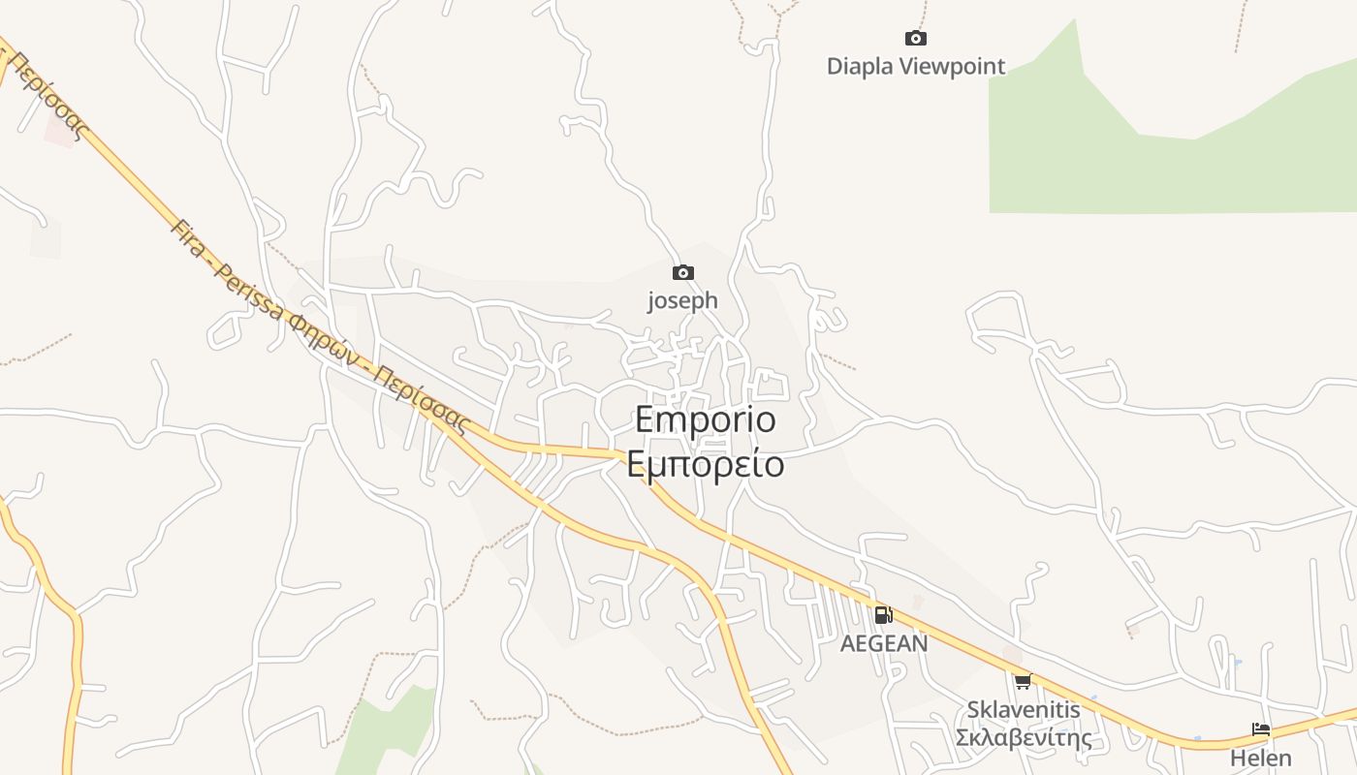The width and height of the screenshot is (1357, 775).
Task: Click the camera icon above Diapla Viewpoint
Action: coord(915,39)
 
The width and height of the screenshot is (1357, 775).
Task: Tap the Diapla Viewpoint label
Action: coord(915,67)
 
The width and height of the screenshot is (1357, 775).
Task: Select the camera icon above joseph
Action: coord(683,273)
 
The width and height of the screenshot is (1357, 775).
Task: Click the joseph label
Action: coord(683,300)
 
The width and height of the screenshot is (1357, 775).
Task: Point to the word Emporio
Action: coord(706,419)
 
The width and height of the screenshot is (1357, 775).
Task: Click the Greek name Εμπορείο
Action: coord(706,464)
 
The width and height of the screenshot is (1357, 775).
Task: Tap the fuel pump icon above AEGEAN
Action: coord(883,614)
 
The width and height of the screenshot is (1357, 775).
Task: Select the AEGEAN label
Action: coord(883,643)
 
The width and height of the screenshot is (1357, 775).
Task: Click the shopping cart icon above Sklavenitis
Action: coord(1023,681)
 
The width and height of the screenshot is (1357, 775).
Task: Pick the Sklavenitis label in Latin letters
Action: coord(1023,710)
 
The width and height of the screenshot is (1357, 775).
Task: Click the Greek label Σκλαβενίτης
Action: coord(1023,738)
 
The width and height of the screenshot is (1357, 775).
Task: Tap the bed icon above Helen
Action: coord(1260,729)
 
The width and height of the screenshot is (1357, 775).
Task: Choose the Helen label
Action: coord(1260,758)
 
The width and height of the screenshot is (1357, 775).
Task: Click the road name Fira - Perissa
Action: coord(229,271)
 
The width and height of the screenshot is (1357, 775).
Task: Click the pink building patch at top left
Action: coord(61,131)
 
